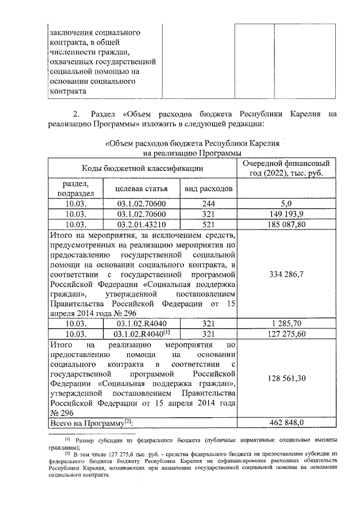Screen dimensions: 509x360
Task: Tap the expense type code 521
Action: click(x=209, y=224)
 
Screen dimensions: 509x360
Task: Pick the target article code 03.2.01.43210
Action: click(x=142, y=224)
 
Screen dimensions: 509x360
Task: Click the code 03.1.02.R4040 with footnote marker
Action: click(x=142, y=334)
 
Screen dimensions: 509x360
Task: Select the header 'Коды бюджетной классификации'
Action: click(x=142, y=168)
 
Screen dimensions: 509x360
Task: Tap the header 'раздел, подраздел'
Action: click(x=76, y=188)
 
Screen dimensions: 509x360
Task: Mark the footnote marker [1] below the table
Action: click(x=67, y=439)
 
